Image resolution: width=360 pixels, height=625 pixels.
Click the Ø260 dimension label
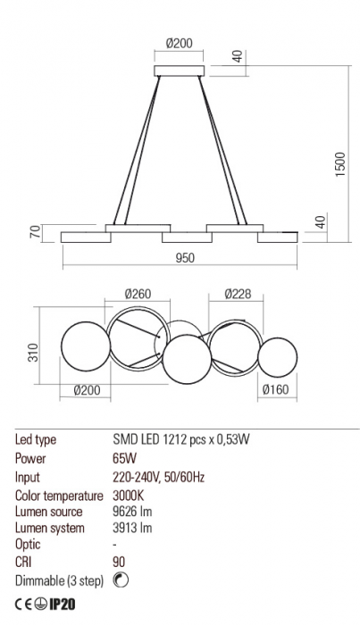[137, 294]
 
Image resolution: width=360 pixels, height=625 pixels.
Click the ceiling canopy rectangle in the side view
[180, 71]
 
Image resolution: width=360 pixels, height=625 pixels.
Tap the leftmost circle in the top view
[83, 348]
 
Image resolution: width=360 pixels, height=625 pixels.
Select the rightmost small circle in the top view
[276, 356]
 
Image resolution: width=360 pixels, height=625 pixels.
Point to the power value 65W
[124, 458]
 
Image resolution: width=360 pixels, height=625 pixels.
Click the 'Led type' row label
[37, 440]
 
